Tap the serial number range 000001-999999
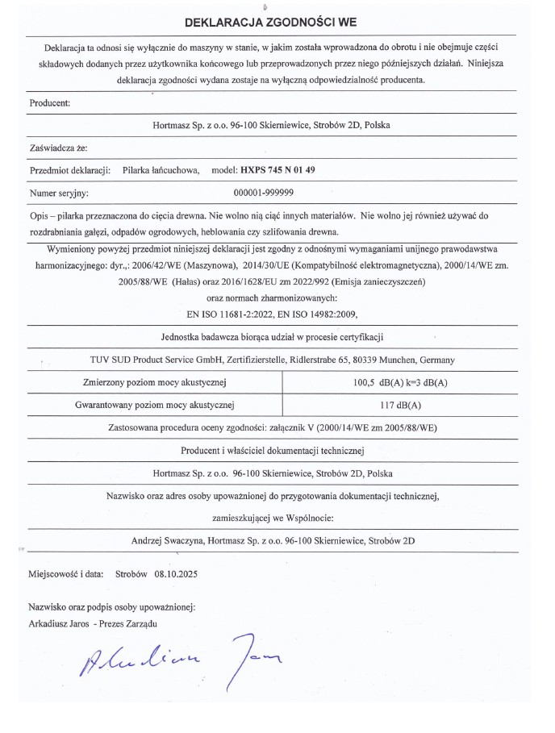coord(263,194)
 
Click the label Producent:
coord(50,102)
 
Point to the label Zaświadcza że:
coord(58,148)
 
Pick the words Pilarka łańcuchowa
coord(161,171)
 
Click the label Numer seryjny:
coord(58,194)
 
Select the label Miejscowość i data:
coord(66,575)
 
